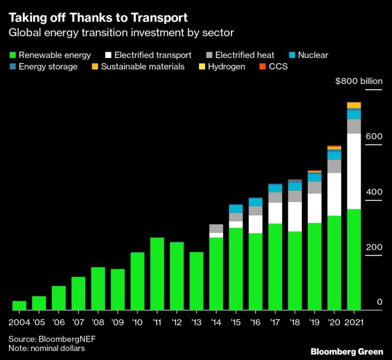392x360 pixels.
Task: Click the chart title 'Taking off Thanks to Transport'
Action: tap(98, 18)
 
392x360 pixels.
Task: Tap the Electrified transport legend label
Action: tap(153, 55)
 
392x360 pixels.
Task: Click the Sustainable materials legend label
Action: tap(142, 66)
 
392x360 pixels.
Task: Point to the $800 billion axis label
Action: tap(358, 81)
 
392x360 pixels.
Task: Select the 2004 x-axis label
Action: tap(19, 322)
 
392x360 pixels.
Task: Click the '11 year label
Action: tap(157, 322)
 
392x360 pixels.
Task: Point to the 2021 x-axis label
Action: tap(354, 322)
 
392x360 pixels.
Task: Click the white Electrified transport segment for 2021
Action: tap(354, 171)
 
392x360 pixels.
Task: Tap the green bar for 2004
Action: tap(19, 305)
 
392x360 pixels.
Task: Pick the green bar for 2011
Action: tap(157, 274)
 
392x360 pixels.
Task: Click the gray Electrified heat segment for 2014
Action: tap(216, 228)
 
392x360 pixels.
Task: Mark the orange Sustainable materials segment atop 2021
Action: tap(354, 105)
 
